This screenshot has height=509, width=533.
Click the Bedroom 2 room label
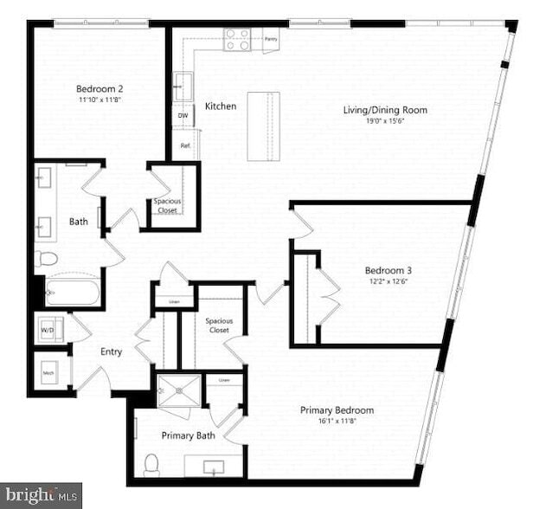tap(100, 89)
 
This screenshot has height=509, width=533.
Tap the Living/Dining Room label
tap(385, 110)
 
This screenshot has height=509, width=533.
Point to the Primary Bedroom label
tap(337, 409)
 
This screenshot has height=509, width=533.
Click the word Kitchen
tap(221, 106)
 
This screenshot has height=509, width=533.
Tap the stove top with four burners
tap(238, 38)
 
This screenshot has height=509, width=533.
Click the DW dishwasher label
tap(183, 115)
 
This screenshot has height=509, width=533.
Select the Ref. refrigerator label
tap(184, 145)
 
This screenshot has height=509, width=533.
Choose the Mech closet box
tap(49, 372)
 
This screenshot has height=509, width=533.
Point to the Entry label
tap(111, 351)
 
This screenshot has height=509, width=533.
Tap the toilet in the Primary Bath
tap(152, 466)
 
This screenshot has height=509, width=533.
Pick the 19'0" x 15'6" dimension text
tap(385, 121)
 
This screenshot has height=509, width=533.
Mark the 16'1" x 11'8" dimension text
tap(337, 421)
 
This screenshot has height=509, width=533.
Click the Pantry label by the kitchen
tap(271, 39)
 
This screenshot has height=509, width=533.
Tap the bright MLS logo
tap(41, 496)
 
